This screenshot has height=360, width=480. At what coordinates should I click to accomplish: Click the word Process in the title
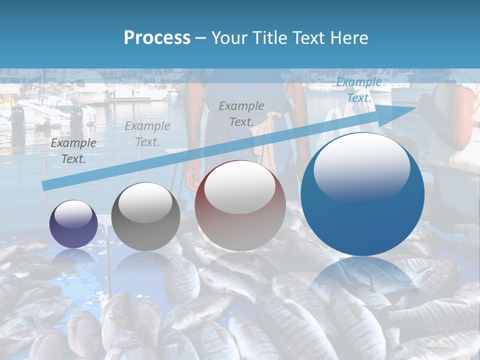[x=157, y=38]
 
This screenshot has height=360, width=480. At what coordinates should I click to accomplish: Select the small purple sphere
[x=74, y=223]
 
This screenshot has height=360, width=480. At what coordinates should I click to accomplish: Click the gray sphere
[x=145, y=216]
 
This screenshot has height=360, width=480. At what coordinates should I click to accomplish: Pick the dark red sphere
[x=240, y=205]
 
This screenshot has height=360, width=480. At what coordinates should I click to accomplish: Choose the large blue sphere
[x=362, y=194]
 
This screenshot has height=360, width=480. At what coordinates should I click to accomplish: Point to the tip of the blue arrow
[x=416, y=107]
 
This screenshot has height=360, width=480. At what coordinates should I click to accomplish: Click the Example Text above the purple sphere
[x=73, y=151]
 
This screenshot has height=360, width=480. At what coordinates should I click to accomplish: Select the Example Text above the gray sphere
[x=147, y=134]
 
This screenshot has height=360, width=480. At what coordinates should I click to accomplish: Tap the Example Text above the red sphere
[x=241, y=113]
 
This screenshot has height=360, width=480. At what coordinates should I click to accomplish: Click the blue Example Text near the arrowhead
[x=359, y=90]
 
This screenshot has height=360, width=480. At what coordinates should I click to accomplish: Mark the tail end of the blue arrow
[x=44, y=186]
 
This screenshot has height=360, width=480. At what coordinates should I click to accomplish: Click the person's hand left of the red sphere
[x=191, y=176]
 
